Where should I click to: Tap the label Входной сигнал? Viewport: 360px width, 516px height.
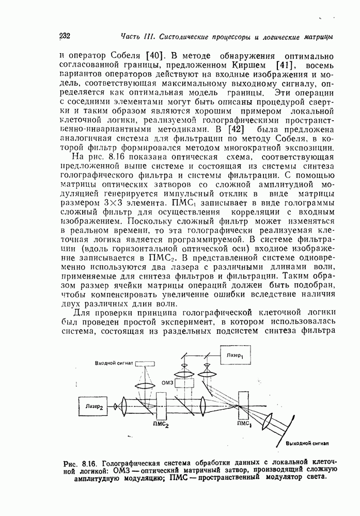[114, 363]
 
